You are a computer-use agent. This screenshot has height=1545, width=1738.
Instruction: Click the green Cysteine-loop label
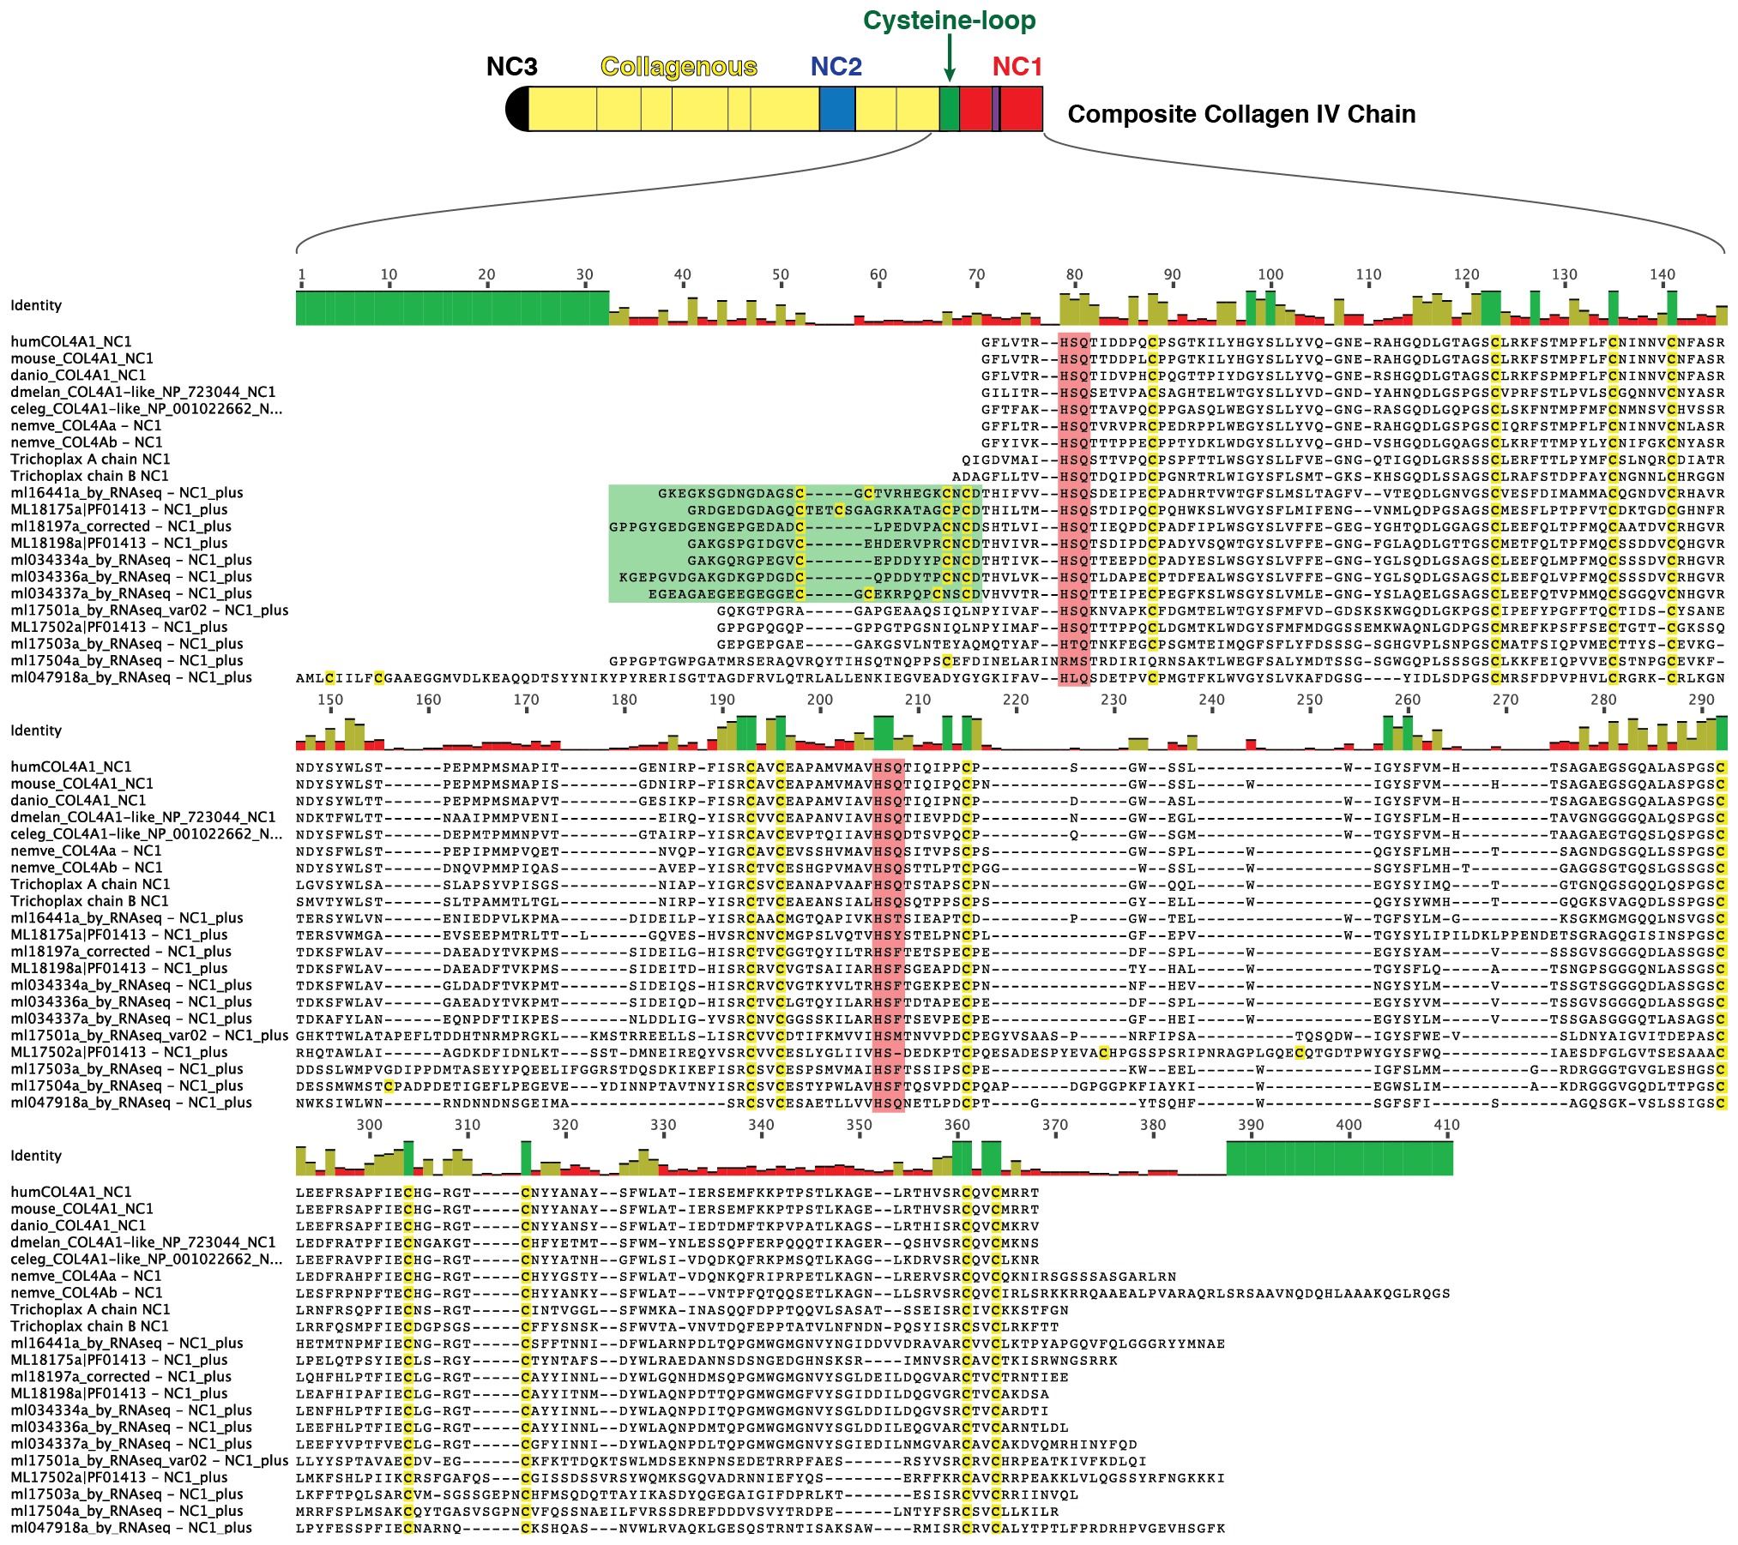949,21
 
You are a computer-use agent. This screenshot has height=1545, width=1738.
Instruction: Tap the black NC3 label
511,67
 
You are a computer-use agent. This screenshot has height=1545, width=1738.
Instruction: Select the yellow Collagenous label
679,67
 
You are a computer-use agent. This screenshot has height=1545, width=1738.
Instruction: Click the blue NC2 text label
836,67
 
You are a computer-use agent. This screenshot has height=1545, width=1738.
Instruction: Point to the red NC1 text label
1017,67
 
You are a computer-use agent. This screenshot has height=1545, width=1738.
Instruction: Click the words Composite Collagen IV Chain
1240,114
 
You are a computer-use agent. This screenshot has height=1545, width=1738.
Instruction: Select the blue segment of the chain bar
836,109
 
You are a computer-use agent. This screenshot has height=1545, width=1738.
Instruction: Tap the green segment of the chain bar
949,109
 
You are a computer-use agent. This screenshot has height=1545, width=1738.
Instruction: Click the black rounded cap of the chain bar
517,109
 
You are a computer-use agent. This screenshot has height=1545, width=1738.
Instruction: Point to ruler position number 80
1074,274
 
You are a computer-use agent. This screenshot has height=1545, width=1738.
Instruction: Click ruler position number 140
1662,274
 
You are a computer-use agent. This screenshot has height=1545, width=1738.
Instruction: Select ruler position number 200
819,700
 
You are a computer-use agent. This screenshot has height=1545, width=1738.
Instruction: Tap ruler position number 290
1700,700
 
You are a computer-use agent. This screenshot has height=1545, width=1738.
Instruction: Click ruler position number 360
957,1125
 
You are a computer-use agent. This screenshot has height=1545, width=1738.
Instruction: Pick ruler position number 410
1446,1125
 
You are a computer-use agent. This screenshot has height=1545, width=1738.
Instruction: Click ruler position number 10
389,274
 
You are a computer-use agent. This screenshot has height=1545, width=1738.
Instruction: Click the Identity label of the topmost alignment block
36,305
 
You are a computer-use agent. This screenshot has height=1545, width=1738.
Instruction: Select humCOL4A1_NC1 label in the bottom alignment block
71,1192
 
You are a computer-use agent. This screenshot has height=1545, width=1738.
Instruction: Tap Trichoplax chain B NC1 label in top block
89,476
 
